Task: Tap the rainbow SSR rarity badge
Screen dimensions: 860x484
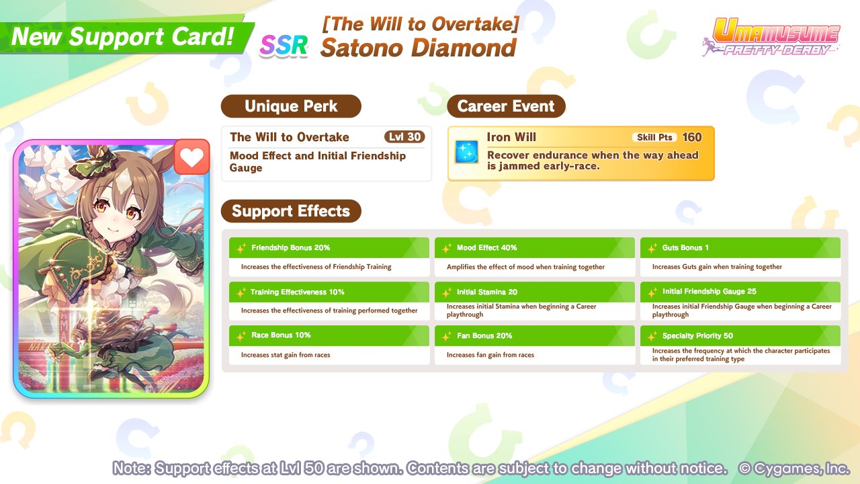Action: (284, 45)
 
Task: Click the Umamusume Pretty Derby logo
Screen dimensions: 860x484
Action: (772, 37)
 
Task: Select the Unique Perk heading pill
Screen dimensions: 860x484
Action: (291, 106)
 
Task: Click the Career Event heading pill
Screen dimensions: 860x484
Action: (506, 106)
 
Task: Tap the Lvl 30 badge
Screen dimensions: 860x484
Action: (404, 136)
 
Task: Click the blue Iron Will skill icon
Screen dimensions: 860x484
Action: (466, 152)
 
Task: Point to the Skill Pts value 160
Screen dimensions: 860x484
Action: (692, 137)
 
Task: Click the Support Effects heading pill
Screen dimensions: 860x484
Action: (291, 211)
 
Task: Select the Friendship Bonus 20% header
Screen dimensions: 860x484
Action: (329, 248)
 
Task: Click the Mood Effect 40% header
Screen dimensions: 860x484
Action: (534, 248)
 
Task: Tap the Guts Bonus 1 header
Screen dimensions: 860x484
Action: (740, 248)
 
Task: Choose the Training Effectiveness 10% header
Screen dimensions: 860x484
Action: (329, 292)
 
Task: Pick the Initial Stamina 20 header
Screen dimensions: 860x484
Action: (534, 292)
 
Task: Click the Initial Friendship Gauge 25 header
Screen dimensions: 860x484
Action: (740, 292)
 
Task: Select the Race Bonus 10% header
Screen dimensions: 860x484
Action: (329, 335)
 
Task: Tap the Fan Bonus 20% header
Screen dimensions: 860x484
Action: (534, 335)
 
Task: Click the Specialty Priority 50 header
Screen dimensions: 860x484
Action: (740, 335)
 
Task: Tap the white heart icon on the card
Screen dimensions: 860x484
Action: (192, 157)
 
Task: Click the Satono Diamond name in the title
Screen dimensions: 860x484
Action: (419, 48)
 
